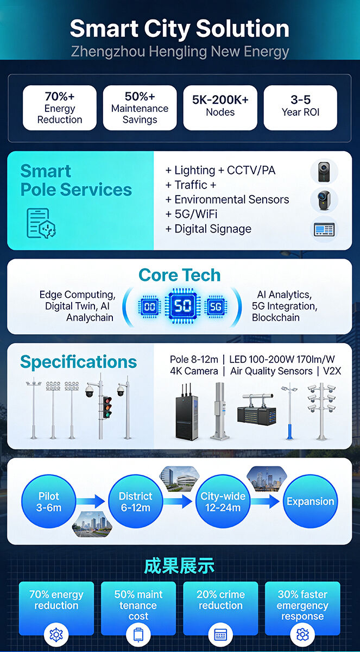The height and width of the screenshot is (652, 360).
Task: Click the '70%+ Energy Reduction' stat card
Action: coord(60,108)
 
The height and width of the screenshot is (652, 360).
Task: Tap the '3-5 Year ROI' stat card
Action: coord(300,108)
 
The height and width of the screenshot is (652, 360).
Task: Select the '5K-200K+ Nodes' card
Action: coord(220,108)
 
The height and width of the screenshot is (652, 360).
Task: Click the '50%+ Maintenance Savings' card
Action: coord(140,108)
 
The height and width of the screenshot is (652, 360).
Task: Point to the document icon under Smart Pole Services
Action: coord(41,223)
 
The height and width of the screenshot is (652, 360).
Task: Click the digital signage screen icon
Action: coord(324,230)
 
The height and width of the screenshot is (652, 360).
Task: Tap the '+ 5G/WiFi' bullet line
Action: coord(191,214)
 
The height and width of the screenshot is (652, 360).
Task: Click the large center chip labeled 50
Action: coord(182,306)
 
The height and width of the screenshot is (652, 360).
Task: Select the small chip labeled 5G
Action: coord(216,306)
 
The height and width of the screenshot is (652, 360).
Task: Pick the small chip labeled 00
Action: coord(149,306)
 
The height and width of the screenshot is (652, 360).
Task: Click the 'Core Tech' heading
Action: coord(179,275)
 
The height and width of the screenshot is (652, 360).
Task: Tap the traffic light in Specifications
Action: coord(108,407)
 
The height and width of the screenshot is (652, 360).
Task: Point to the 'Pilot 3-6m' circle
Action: coord(49,501)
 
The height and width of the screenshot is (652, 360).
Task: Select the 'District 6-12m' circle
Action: coord(136,501)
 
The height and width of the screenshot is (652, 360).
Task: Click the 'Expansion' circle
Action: coord(311,501)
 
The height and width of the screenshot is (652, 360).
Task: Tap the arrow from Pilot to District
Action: coord(91,501)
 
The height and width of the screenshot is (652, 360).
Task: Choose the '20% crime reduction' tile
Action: coord(220,609)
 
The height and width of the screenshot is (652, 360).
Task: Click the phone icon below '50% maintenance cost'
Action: coord(138,635)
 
